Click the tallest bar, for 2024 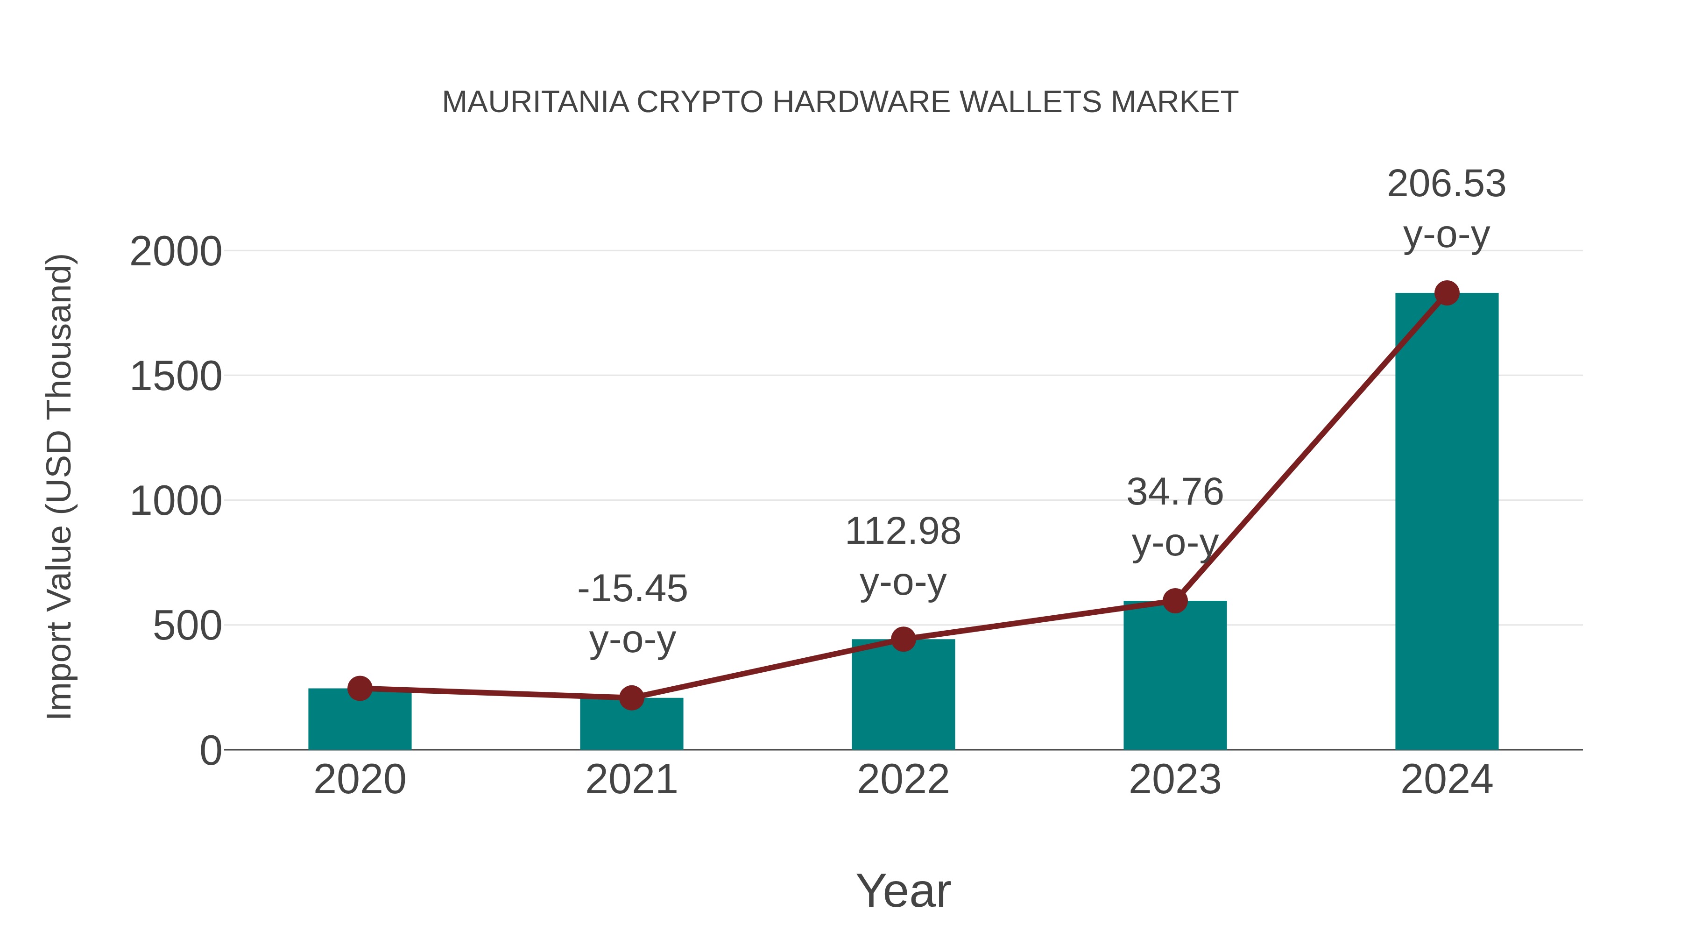pos(1447,522)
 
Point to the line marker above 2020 pos(360,688)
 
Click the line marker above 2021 pos(631,698)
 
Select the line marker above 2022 pos(903,639)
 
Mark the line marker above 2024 pos(1447,293)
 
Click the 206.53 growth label pos(1447,184)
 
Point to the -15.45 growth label pos(632,589)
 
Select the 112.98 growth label pos(903,532)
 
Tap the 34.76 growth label pos(1175,492)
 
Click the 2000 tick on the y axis pos(176,252)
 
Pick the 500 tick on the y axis pos(187,627)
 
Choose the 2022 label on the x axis pos(903,780)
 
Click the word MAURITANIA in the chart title pos(535,102)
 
